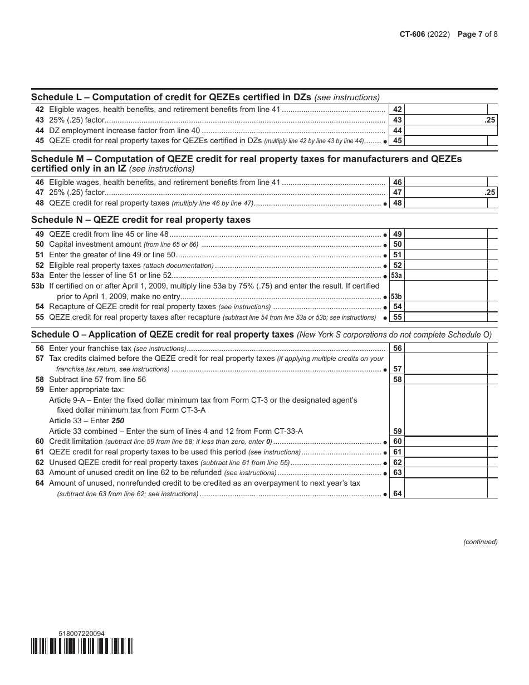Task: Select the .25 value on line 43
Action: click(489, 120)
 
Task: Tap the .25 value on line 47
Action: click(489, 193)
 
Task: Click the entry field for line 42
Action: click(445, 110)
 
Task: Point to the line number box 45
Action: click(397, 141)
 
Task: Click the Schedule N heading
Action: click(141, 220)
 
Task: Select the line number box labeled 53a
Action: click(396, 276)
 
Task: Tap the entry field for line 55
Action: click(445, 317)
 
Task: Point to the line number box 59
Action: click(397, 431)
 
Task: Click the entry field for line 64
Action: click(445, 488)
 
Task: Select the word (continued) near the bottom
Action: click(480, 542)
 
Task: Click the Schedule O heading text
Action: click(162, 335)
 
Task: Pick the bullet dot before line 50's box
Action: click(385, 246)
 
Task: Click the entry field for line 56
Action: click(445, 348)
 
